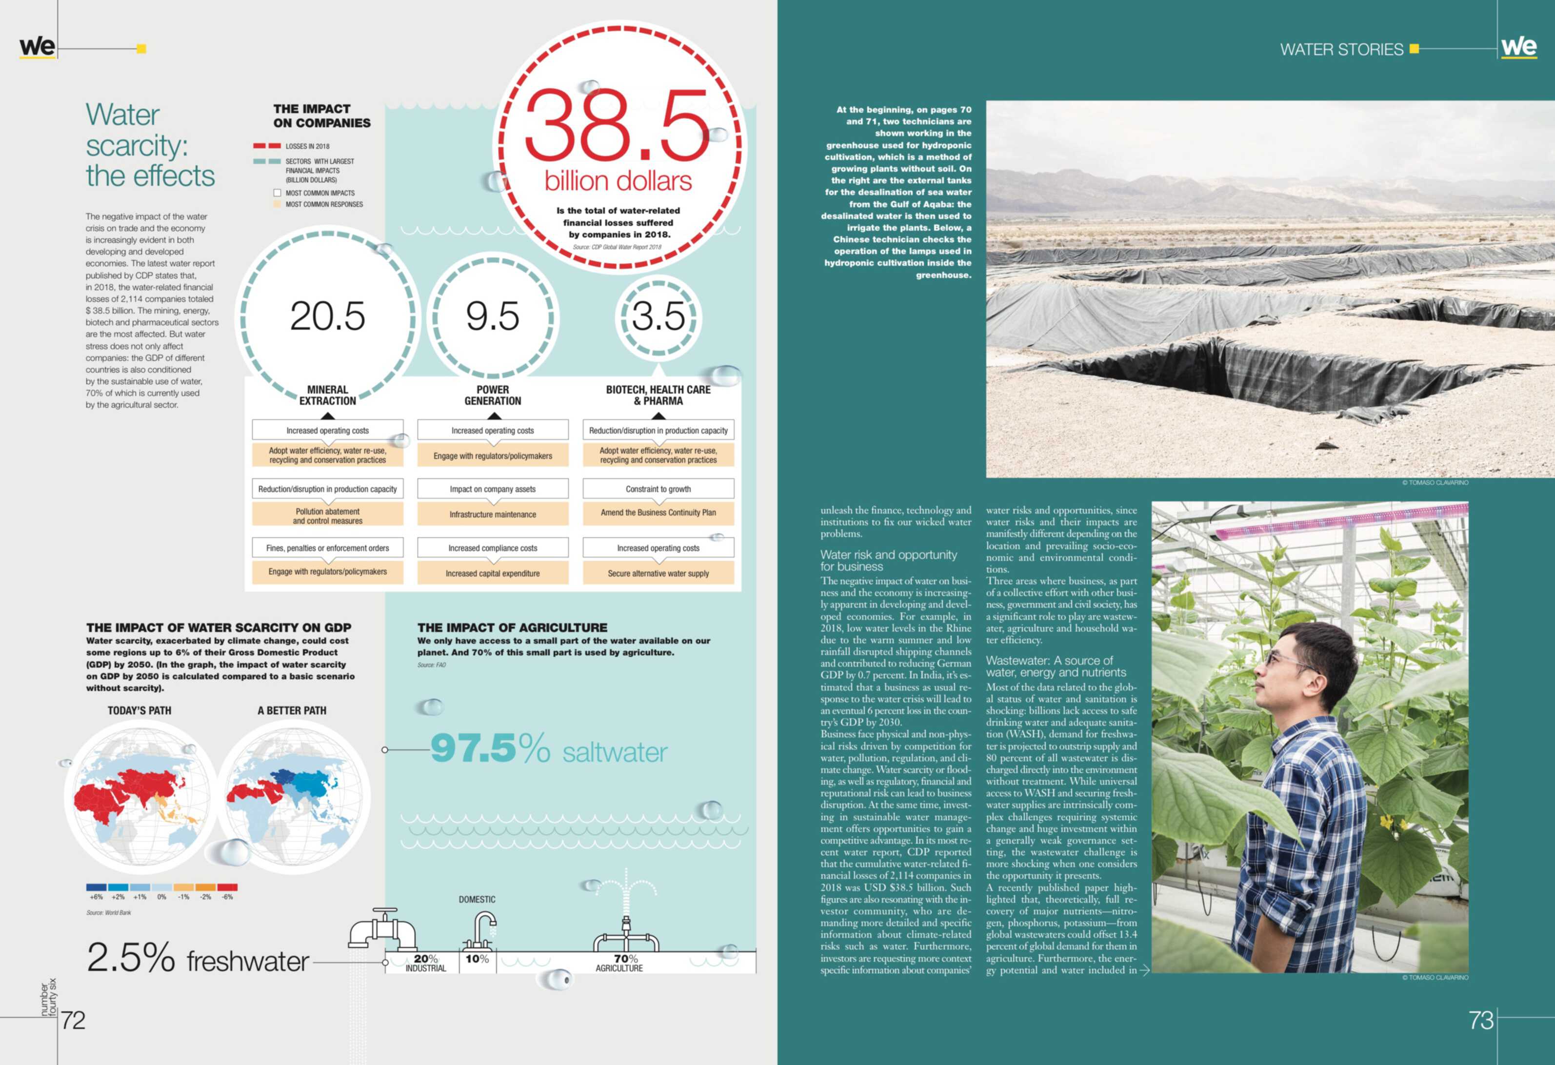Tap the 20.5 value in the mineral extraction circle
327,316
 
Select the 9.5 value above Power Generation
493,316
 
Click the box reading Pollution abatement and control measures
327,516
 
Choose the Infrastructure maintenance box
493,514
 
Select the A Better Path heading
292,710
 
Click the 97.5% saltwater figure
549,749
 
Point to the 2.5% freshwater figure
198,959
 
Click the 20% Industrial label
425,963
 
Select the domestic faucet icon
479,931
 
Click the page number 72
73,1020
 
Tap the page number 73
1481,1020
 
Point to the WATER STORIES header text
1341,50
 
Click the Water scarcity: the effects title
150,145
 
